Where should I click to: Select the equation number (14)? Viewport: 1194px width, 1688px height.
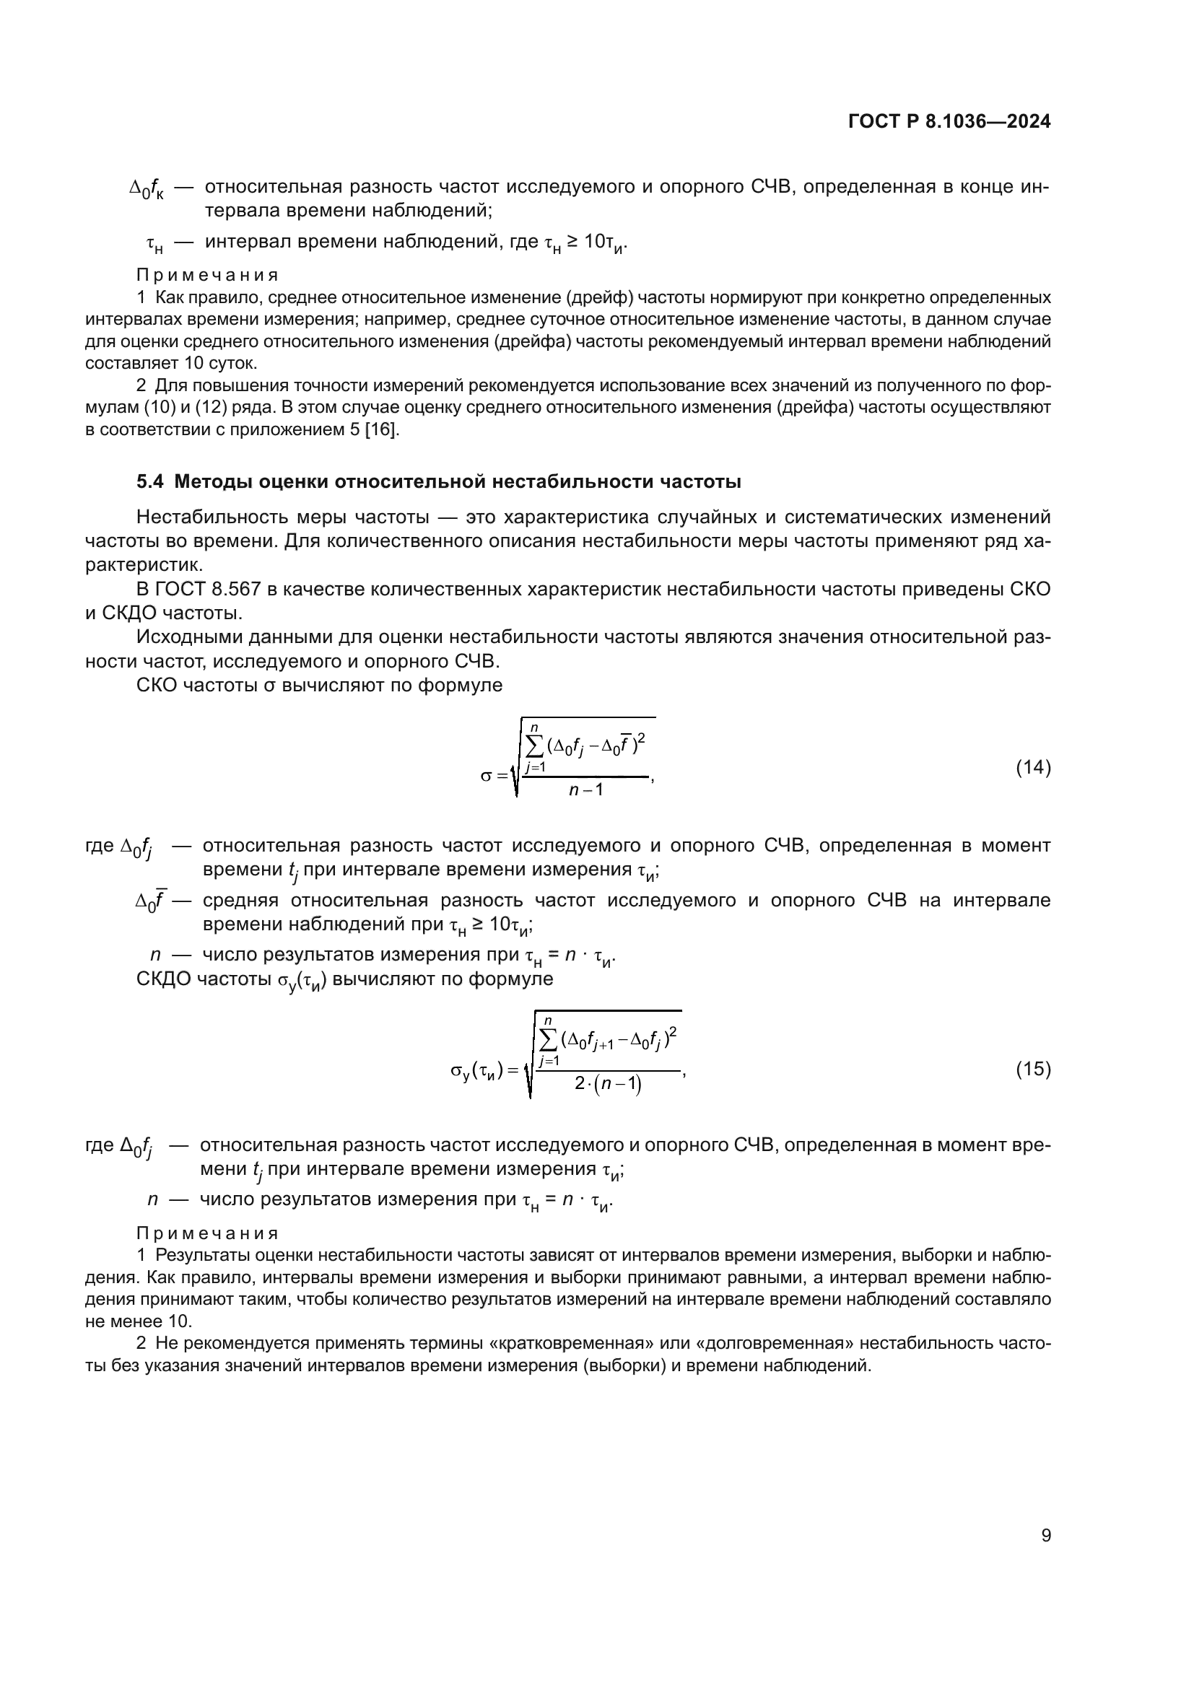[x=1033, y=768]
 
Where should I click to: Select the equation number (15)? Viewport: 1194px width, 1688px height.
[x=1033, y=1069]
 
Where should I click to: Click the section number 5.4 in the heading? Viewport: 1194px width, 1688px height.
[x=152, y=482]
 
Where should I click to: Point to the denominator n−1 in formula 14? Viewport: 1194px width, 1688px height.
[x=586, y=790]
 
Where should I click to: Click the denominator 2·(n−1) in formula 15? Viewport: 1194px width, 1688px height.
[x=607, y=1085]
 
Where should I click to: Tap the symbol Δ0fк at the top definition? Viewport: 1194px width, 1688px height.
[x=147, y=190]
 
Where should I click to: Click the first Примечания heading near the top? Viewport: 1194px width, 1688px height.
[x=207, y=275]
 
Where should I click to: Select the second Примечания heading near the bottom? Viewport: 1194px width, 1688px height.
[x=207, y=1233]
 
